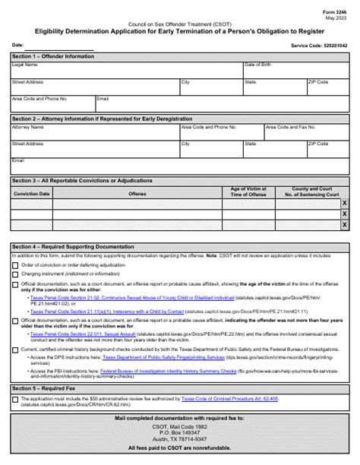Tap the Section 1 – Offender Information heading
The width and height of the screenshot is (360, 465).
54,57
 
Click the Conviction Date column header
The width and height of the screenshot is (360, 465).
32,194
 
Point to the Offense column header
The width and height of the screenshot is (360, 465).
137,194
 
